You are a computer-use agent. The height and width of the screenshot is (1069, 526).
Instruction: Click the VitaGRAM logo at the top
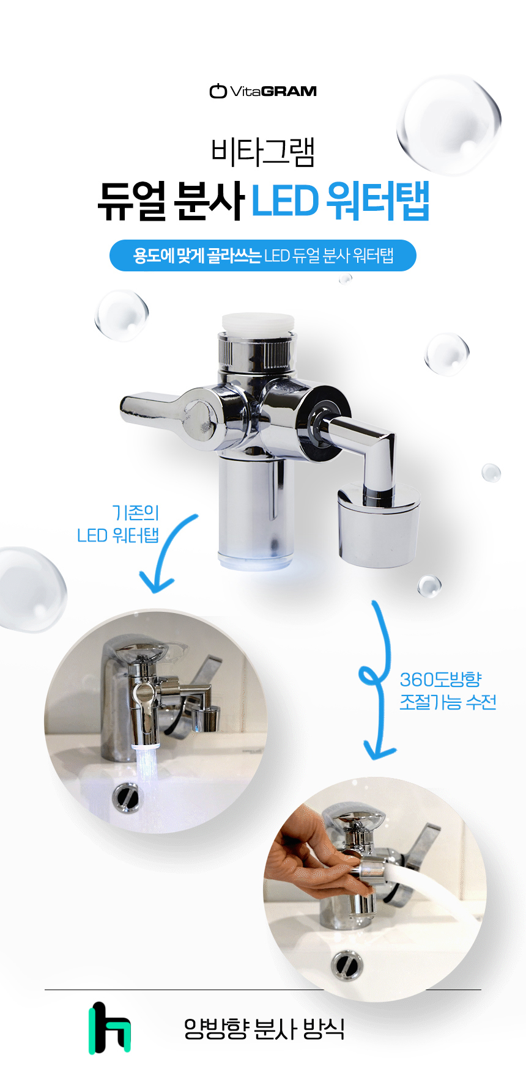263,91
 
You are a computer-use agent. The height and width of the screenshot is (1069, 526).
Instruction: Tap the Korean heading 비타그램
263,152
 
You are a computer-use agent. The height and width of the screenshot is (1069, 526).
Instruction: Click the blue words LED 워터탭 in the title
341,200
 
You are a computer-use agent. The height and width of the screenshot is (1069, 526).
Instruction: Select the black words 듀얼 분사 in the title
171,200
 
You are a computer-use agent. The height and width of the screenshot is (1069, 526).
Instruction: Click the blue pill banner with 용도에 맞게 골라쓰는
263,255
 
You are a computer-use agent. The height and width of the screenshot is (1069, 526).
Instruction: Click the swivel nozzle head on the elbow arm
379,525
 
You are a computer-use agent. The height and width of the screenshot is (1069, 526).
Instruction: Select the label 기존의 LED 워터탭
118,524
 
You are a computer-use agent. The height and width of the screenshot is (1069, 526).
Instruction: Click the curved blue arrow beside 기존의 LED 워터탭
166,552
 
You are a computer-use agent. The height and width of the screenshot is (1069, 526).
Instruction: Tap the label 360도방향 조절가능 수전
448,691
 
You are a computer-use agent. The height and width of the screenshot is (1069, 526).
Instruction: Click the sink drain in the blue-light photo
126,797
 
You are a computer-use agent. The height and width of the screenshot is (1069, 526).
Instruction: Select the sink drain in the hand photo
347,965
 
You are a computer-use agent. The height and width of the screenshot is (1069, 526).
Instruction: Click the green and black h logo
109,1027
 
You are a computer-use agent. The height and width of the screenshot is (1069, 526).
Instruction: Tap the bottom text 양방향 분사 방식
264,1029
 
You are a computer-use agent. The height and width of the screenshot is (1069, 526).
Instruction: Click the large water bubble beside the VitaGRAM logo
449,124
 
